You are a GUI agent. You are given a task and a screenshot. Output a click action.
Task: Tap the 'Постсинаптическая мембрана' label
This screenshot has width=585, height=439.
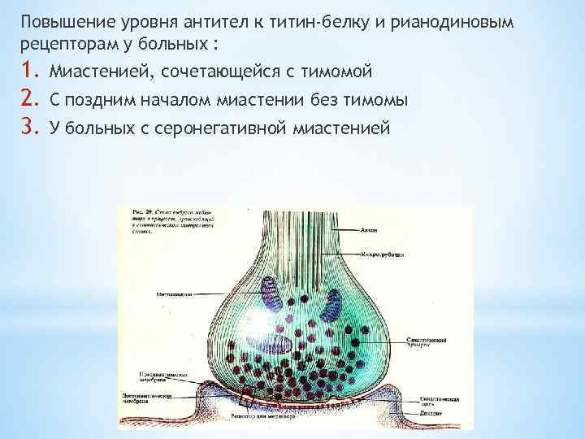(x=150, y=400)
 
